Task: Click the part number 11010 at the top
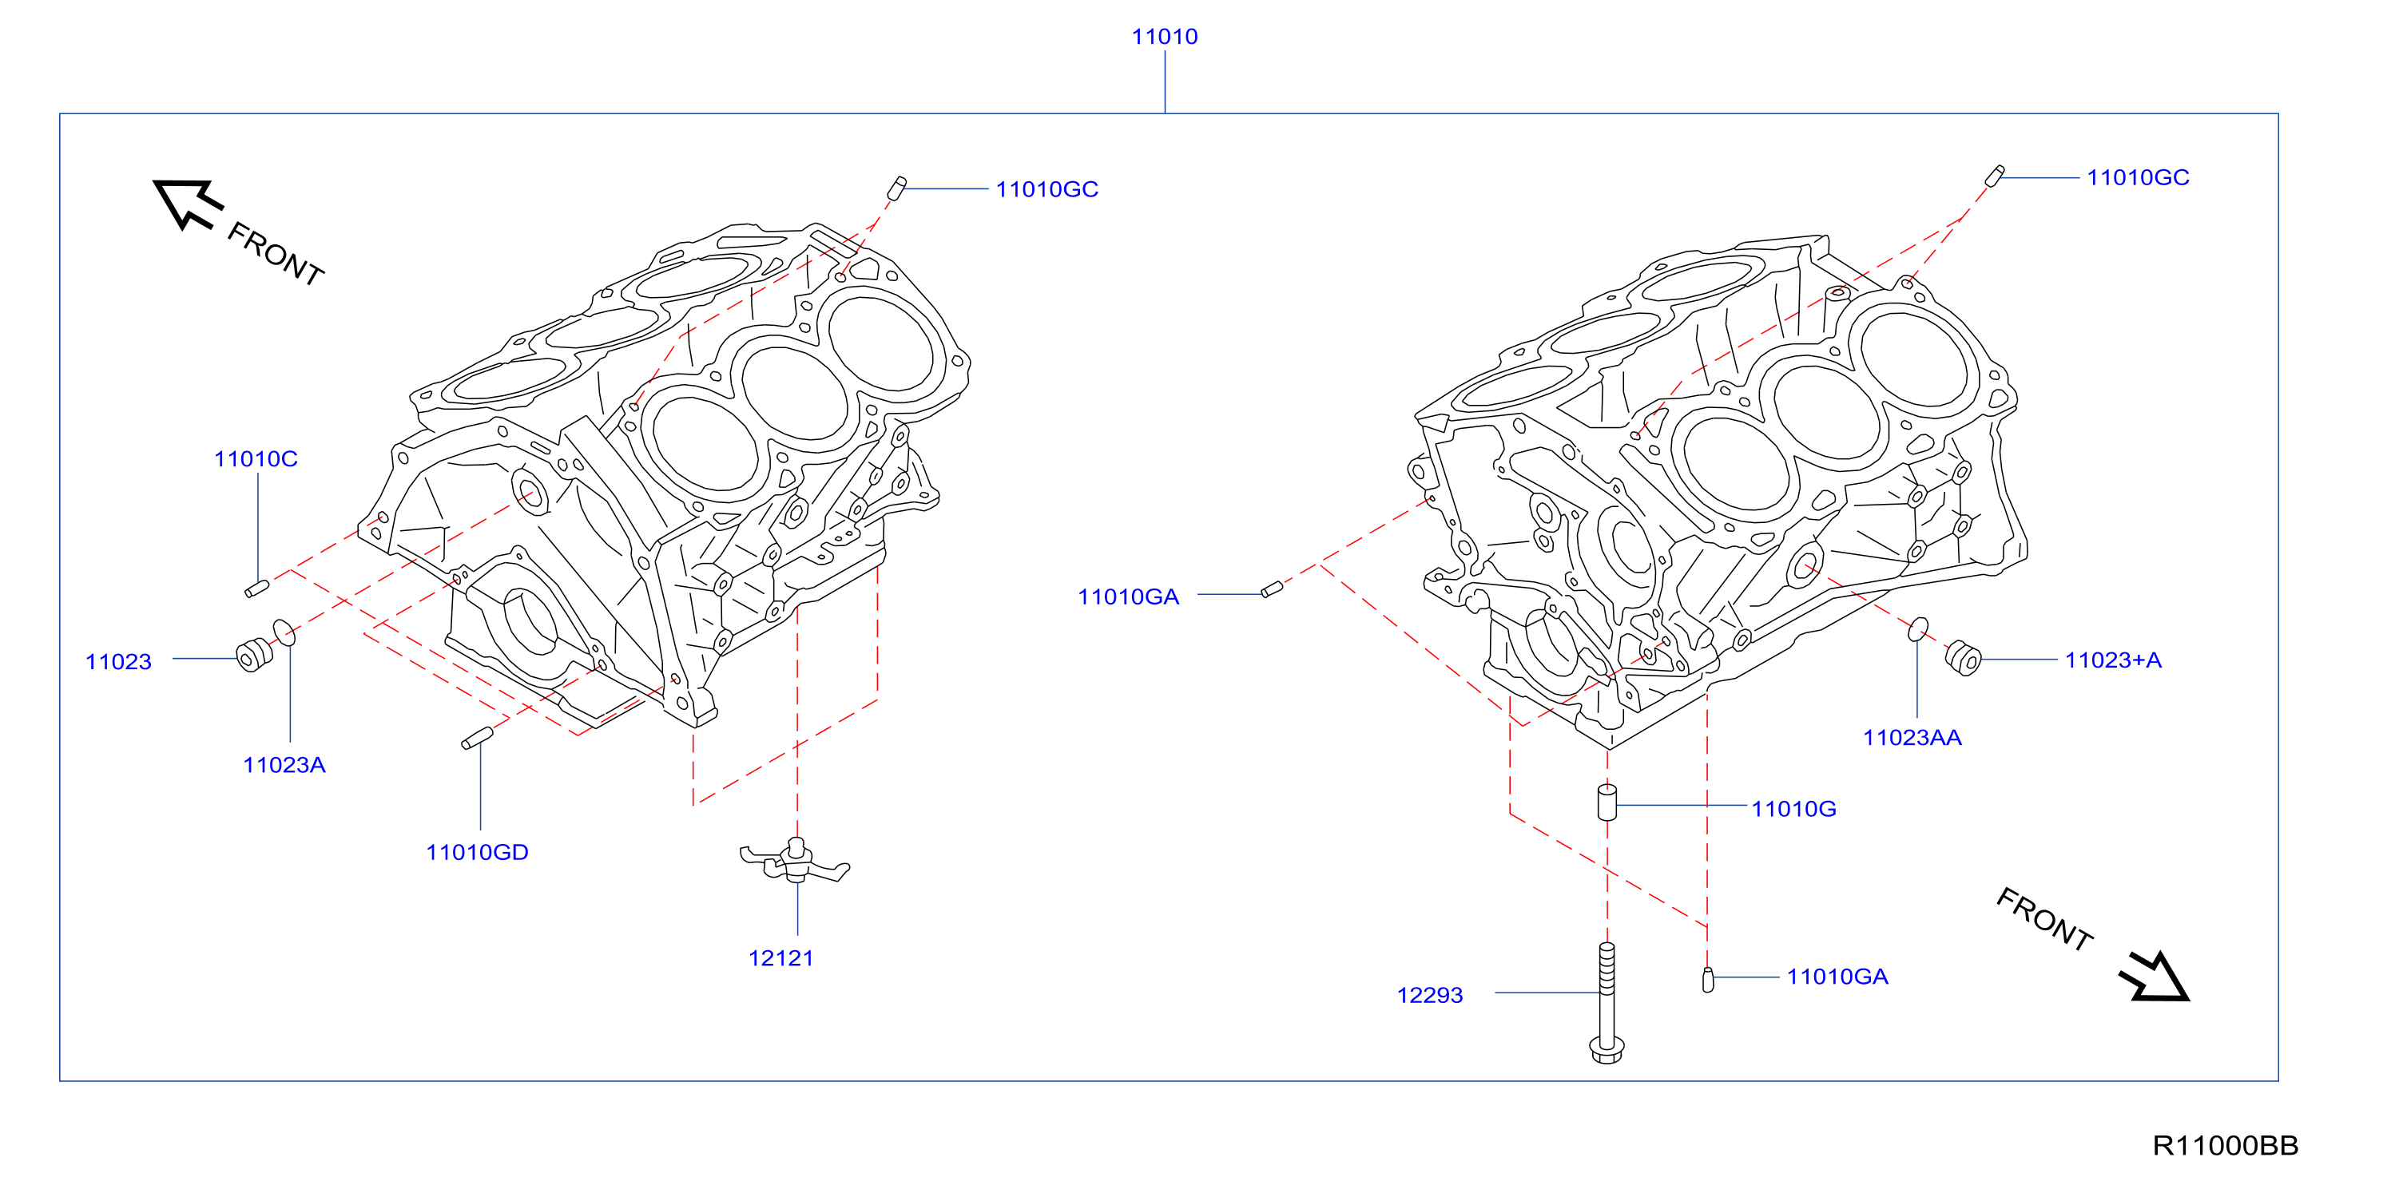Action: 1164,36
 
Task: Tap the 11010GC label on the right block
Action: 2138,177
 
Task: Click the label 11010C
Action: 256,458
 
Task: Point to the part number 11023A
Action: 284,765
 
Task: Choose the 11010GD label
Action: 477,852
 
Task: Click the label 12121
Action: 780,957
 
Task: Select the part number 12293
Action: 1429,995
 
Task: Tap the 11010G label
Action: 1793,808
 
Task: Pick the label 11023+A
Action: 2112,660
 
